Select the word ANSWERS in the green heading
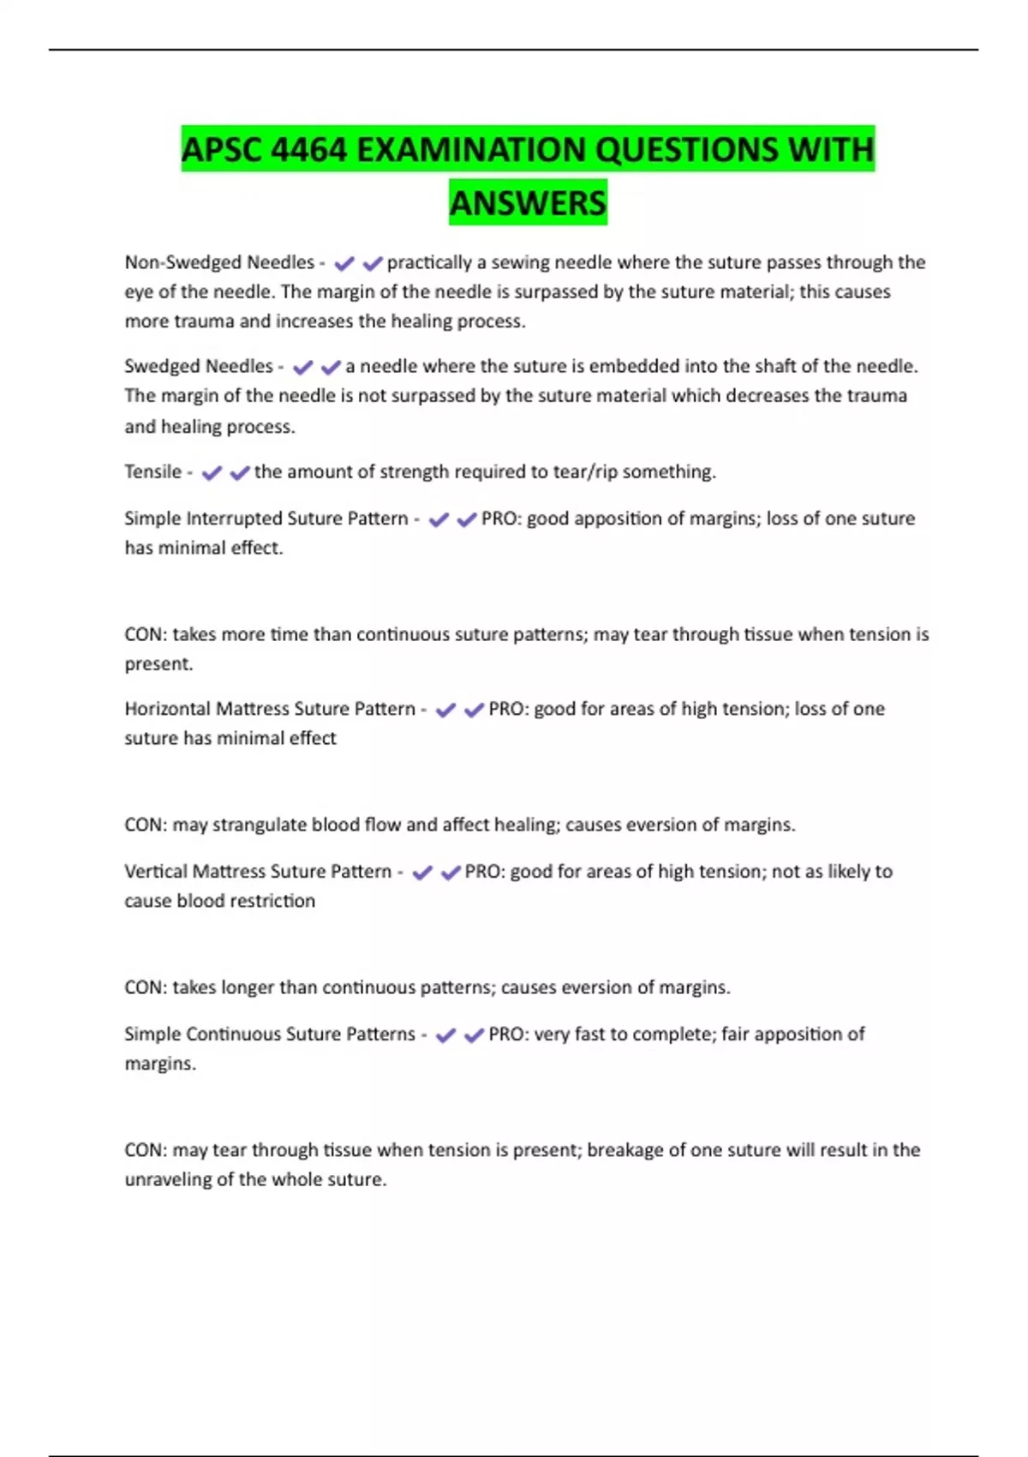[528, 203]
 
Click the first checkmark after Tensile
[212, 472]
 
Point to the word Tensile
[152, 471]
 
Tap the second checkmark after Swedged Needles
[331, 367]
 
